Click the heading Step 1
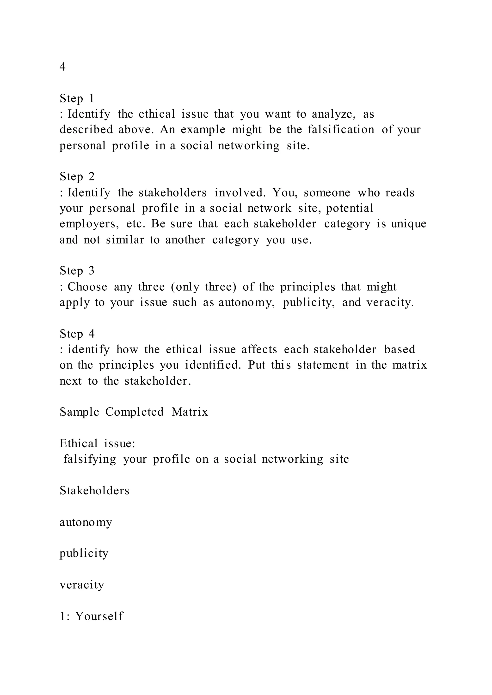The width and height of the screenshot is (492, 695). (x=77, y=98)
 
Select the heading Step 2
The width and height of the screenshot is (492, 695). (x=77, y=176)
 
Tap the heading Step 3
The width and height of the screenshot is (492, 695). (x=77, y=271)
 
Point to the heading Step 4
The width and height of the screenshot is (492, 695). (x=77, y=334)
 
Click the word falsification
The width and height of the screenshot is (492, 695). (x=341, y=130)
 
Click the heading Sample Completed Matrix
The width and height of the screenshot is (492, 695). (x=134, y=412)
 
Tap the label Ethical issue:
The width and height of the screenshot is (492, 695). (x=97, y=443)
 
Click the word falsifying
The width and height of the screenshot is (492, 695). (x=90, y=459)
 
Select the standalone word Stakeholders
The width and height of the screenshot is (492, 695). (x=94, y=491)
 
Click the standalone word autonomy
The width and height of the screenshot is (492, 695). (x=86, y=522)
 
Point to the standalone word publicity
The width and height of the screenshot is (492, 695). (x=84, y=553)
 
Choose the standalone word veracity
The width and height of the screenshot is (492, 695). (x=82, y=585)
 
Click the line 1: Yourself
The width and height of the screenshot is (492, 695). (x=91, y=616)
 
